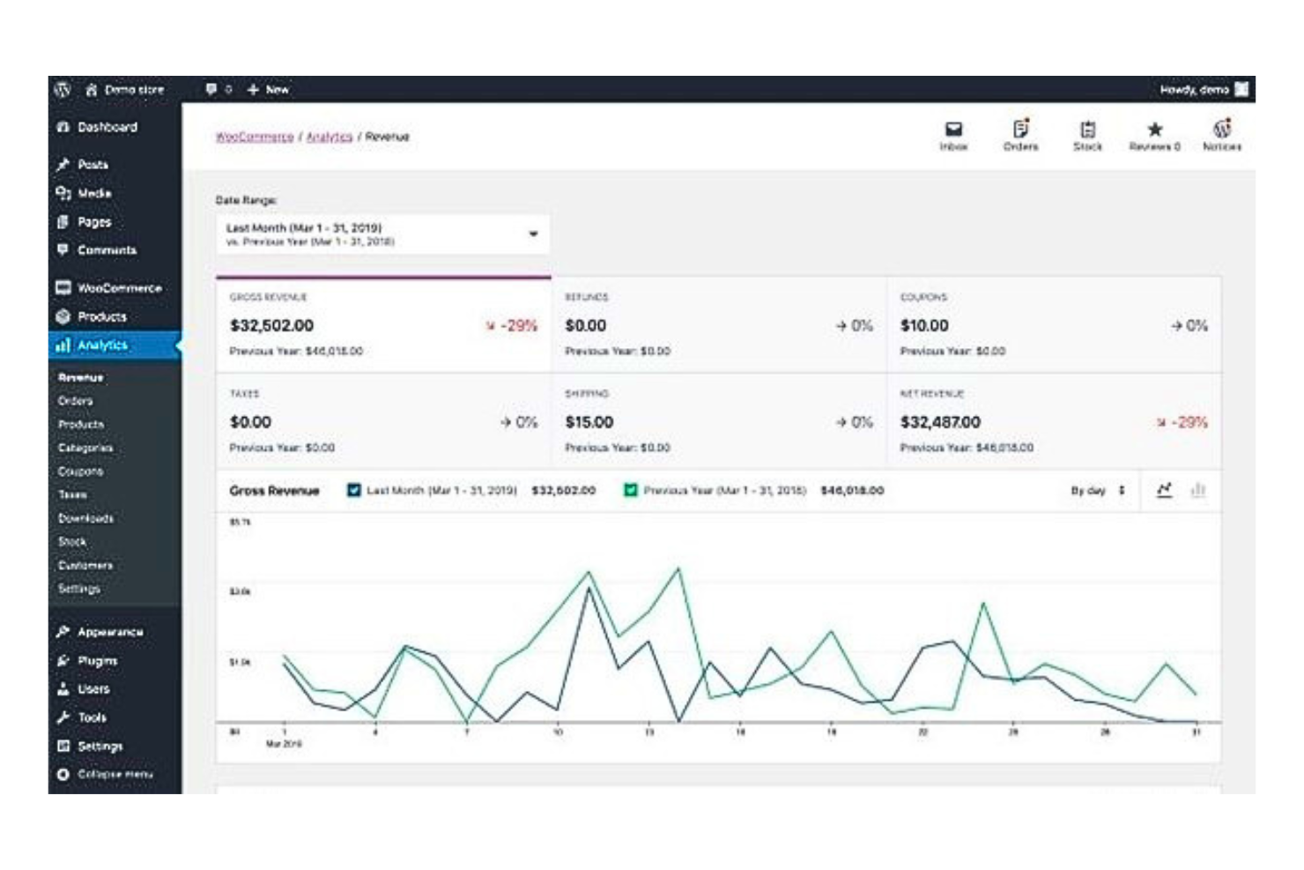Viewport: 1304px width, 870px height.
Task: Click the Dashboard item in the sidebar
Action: (107, 128)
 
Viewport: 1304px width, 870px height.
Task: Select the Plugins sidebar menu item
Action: (97, 661)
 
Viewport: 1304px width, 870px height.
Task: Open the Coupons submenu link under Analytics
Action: (80, 472)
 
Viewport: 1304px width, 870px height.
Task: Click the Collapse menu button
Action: (115, 774)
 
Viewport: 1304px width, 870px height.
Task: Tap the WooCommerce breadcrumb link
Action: (255, 137)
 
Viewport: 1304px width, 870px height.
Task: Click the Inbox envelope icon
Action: (953, 130)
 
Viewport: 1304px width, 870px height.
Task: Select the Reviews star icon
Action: (1154, 130)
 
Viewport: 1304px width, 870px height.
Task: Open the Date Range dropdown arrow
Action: (533, 234)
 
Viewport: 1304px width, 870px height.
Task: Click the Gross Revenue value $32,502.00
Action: (271, 326)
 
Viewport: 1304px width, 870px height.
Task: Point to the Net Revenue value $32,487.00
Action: (940, 423)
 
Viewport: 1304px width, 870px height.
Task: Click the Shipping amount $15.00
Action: (589, 423)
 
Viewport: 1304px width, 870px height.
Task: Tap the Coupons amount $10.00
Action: (924, 326)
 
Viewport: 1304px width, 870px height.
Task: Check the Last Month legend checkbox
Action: (354, 490)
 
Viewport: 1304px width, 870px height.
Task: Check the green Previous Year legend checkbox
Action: (631, 490)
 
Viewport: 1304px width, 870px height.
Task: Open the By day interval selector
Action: (1098, 490)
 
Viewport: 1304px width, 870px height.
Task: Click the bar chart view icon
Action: (1197, 490)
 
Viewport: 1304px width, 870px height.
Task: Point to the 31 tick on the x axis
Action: (1196, 732)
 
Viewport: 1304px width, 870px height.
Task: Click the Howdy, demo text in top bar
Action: (1194, 90)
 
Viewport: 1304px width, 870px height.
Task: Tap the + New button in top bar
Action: (268, 90)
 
